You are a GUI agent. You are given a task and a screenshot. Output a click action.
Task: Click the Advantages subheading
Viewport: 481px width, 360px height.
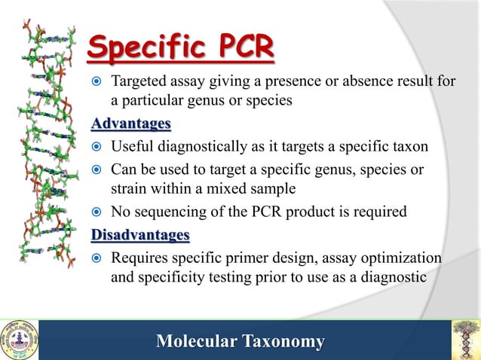point(130,123)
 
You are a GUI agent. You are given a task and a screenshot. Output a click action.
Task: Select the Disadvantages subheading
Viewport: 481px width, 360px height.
point(140,236)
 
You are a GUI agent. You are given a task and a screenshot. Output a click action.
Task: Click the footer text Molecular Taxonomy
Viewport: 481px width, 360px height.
point(240,342)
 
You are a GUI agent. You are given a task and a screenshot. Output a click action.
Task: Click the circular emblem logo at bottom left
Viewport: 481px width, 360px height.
point(19,340)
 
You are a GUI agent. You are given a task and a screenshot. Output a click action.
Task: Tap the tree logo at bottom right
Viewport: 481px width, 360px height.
point(465,340)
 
